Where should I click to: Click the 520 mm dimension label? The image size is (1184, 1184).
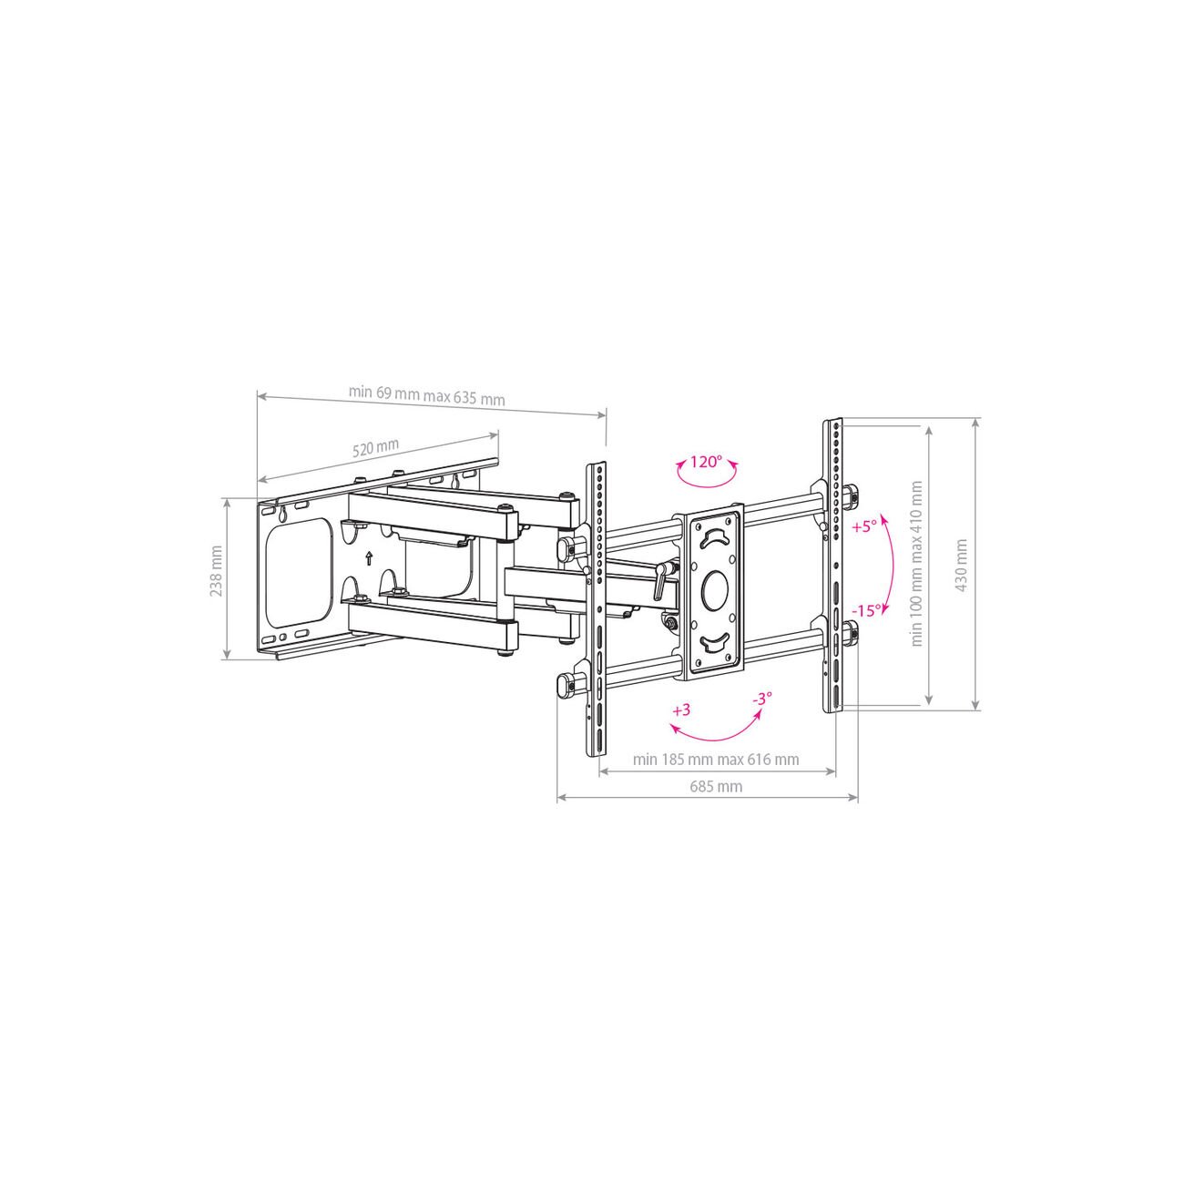tap(375, 447)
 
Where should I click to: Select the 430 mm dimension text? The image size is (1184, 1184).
tap(962, 565)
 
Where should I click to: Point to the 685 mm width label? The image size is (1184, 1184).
tap(716, 787)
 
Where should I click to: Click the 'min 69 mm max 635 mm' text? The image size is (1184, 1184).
tap(427, 395)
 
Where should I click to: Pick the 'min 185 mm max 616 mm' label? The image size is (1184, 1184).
tap(716, 760)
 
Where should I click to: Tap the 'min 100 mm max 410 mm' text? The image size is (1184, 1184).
tap(917, 564)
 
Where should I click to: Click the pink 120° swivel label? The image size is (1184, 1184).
tap(705, 462)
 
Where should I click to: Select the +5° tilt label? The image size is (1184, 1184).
tap(865, 526)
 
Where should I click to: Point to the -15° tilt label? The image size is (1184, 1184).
tap(866, 611)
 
